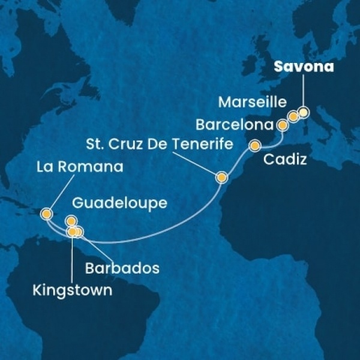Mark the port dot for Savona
click(x=304, y=112)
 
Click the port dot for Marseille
click(x=293, y=116)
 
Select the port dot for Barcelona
click(x=282, y=125)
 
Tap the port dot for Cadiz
click(x=255, y=145)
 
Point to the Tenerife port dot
click(x=221, y=178)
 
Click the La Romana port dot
click(x=46, y=213)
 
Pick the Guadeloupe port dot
click(x=71, y=220)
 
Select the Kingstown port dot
click(x=72, y=231)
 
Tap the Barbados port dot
click(x=79, y=232)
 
